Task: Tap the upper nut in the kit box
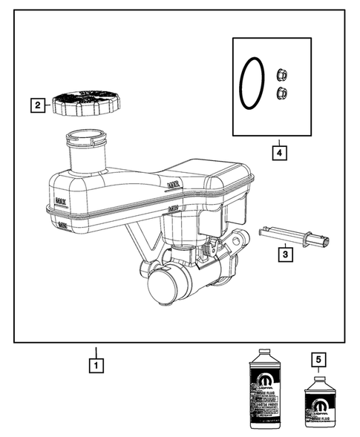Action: point(281,74)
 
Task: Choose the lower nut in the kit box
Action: point(281,92)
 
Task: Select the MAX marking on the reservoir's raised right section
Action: point(174,183)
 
